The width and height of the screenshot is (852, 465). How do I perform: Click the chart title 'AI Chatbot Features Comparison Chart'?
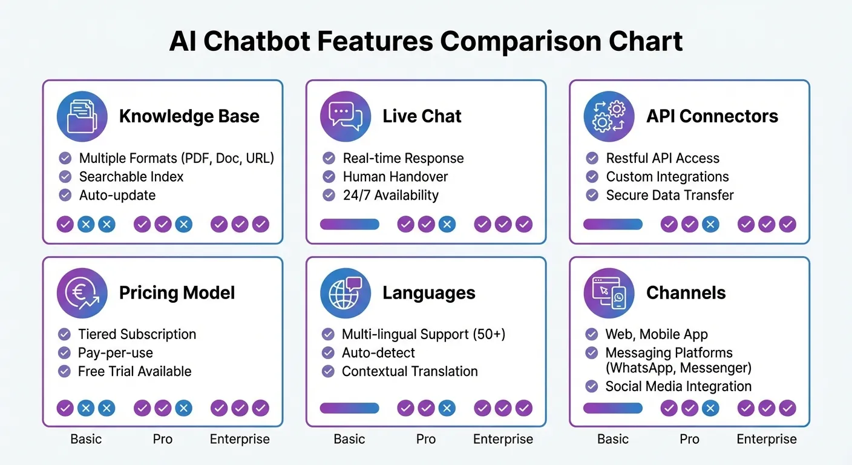(x=425, y=42)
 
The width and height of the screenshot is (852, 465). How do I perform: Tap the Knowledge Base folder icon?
(x=82, y=116)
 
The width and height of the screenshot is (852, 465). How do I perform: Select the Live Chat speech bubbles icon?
(x=345, y=116)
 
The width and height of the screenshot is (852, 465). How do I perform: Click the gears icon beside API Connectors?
(x=609, y=116)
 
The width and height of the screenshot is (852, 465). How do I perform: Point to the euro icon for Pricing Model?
(x=82, y=293)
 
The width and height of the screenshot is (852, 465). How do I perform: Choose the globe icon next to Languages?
(x=345, y=293)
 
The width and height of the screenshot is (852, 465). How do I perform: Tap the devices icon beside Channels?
(x=609, y=293)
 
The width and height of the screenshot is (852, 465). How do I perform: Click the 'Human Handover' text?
(x=395, y=177)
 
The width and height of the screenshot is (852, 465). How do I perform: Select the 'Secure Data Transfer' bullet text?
(x=669, y=195)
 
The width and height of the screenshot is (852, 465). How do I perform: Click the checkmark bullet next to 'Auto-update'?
(x=65, y=195)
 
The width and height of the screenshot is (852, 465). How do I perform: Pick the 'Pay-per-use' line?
(x=115, y=353)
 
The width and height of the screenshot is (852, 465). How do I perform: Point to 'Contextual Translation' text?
(x=410, y=371)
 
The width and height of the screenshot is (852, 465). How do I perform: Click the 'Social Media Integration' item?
(x=678, y=386)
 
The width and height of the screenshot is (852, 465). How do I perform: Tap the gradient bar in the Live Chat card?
(x=349, y=225)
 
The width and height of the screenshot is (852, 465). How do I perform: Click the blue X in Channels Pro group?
(x=710, y=409)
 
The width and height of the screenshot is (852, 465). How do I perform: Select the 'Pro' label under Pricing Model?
(x=163, y=439)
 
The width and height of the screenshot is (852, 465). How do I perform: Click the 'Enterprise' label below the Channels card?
(x=766, y=439)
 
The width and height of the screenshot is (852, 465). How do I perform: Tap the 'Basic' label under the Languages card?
(x=349, y=439)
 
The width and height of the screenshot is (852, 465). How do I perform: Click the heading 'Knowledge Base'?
(x=189, y=116)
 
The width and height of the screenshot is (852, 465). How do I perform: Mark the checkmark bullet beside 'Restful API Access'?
(x=592, y=158)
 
